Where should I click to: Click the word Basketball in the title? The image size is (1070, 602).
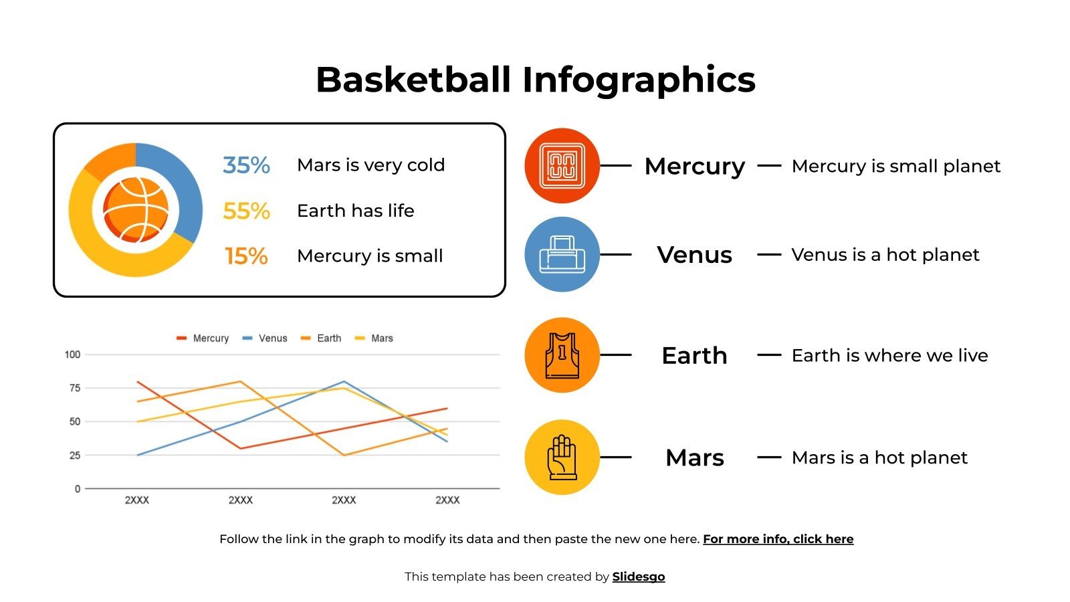point(413,80)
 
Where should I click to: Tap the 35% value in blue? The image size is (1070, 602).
point(246,165)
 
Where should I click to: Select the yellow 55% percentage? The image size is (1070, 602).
point(246,211)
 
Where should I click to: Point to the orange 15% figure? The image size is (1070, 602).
point(246,256)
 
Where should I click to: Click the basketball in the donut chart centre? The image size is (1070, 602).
point(136,209)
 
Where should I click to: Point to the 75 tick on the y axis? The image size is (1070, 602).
point(74,388)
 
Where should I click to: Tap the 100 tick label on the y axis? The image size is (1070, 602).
point(72,355)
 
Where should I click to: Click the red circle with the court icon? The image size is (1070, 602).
point(562,165)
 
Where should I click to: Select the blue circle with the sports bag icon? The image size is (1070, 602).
point(562,254)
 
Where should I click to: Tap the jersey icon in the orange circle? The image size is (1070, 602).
point(562,355)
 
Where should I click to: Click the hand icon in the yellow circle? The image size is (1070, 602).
point(562,458)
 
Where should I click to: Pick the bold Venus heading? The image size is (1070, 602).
point(694,255)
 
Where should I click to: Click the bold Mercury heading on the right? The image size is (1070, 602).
point(694,166)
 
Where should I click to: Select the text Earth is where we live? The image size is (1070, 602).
point(889,355)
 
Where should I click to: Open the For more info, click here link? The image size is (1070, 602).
point(778,539)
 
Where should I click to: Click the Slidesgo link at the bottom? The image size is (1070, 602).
point(638,577)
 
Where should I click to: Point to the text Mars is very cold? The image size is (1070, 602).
point(370,165)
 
